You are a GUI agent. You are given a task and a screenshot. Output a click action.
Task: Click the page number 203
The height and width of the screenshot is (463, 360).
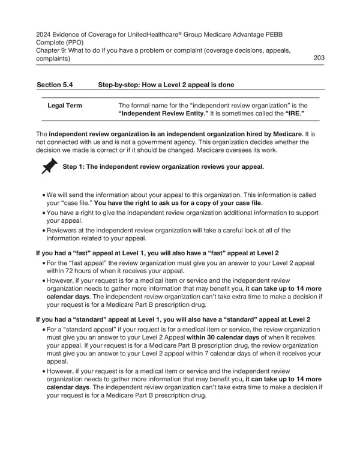pos(319,58)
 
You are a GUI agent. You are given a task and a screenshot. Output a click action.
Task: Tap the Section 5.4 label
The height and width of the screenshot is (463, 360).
pos(56,85)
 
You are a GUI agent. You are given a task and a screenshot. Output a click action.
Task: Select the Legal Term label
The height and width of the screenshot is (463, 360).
pos(65,106)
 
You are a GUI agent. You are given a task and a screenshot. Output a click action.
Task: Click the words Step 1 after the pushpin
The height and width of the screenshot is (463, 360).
pos(74,166)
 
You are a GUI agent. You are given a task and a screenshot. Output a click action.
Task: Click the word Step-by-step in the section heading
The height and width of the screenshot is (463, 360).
pos(117,85)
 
